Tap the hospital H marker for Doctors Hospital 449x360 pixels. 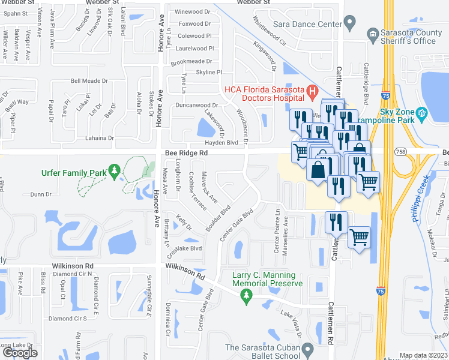pos(312,91)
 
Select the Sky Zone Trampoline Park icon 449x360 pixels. pos(421,112)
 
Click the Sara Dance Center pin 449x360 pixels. pos(352,25)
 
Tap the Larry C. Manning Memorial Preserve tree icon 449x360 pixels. pos(246,295)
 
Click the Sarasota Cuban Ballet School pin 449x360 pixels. pos(308,349)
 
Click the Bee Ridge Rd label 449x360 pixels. pos(186,154)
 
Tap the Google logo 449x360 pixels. pos(20,353)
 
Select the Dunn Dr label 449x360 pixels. pos(41,194)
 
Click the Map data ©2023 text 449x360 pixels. pos(423,355)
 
